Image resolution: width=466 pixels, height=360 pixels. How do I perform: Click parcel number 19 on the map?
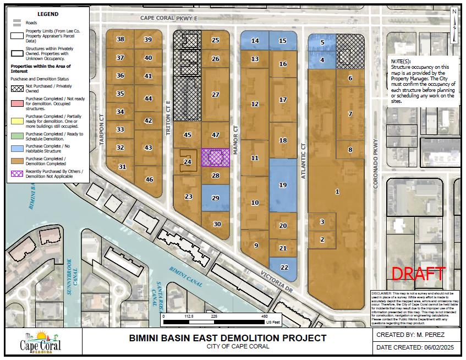click(283, 186)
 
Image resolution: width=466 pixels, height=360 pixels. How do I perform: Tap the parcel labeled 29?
click(215, 198)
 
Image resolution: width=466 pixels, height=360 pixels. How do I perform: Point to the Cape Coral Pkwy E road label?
click(168, 18)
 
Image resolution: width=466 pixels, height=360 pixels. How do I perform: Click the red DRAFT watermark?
click(418, 273)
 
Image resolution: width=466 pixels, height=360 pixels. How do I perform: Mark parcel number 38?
click(120, 39)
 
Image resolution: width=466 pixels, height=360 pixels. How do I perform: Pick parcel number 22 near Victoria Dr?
click(284, 267)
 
